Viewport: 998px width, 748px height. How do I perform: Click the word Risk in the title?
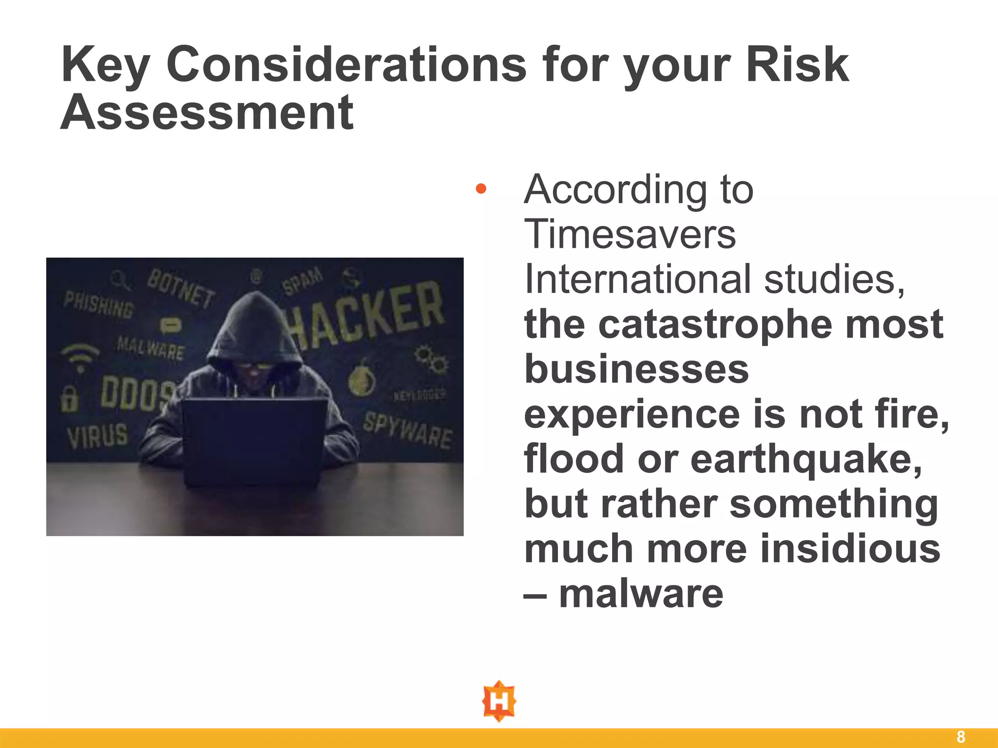(x=797, y=65)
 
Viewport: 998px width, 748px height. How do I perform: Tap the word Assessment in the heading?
(x=207, y=113)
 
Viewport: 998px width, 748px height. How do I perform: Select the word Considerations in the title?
(x=346, y=65)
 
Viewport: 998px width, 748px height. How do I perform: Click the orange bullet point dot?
(x=481, y=188)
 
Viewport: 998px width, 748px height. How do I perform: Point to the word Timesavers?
(x=630, y=234)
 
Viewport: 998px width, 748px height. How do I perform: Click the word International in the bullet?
(x=638, y=279)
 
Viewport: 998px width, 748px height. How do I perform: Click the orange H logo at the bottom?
(x=499, y=701)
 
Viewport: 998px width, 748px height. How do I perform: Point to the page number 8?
(x=960, y=737)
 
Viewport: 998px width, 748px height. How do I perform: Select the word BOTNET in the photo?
(x=181, y=289)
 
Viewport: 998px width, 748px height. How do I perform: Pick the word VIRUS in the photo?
(x=98, y=435)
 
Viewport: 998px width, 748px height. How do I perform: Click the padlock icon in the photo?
(x=69, y=398)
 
